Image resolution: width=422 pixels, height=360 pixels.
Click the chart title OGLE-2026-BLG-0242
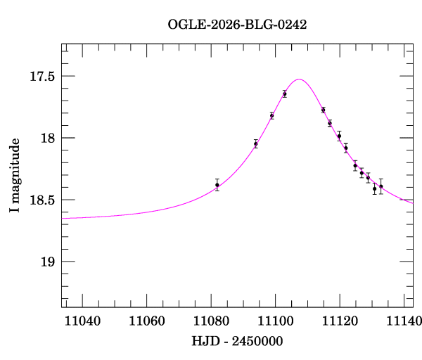click(237, 24)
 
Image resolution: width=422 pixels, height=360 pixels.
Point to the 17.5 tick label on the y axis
click(40, 76)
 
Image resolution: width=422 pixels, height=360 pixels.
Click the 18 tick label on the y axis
click(47, 138)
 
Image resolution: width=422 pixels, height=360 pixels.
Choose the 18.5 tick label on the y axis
click(40, 200)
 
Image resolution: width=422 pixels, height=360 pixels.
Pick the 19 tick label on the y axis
click(47, 262)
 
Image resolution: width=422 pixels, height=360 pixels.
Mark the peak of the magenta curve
click(299, 79)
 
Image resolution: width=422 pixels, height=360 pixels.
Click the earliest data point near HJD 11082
click(217, 185)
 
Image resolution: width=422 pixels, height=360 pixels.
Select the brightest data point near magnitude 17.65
click(284, 94)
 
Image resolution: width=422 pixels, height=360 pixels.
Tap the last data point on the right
click(381, 186)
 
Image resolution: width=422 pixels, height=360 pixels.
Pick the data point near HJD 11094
click(255, 143)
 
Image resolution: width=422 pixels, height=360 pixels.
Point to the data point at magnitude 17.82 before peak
click(271, 115)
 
